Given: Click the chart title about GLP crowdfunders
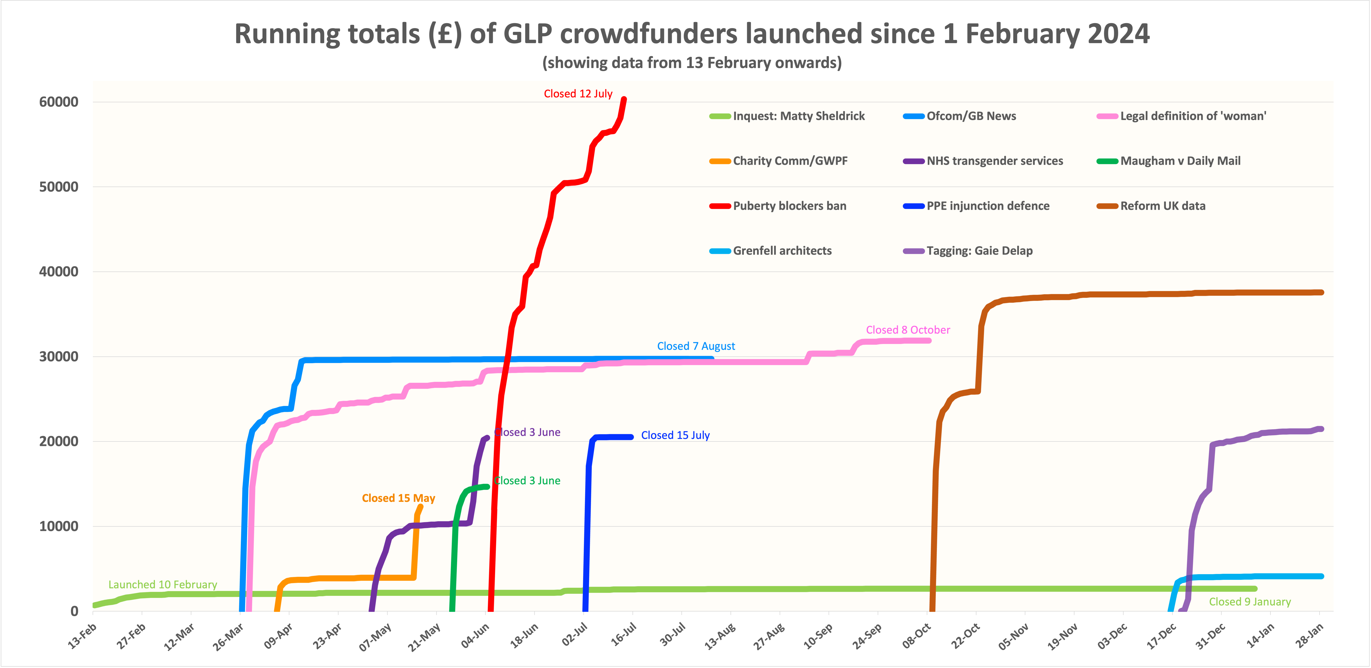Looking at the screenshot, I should point(692,34).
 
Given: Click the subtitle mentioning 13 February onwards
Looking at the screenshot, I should point(692,63).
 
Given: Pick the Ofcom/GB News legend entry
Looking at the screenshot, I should point(971,116).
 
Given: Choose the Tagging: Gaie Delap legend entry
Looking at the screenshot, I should point(979,251).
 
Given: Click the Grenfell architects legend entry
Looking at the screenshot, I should point(782,251).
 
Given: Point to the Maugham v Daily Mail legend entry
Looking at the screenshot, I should point(1180,161).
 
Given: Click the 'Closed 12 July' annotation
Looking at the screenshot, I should point(578,94).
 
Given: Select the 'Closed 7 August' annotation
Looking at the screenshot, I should point(696,346).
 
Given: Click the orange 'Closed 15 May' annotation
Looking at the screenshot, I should point(399,498).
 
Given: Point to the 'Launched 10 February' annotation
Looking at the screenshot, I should point(163,585).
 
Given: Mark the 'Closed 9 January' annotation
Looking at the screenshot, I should point(1250,602).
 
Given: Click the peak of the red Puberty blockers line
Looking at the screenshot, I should point(624,99).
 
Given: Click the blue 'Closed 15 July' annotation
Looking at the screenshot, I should point(675,435).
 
